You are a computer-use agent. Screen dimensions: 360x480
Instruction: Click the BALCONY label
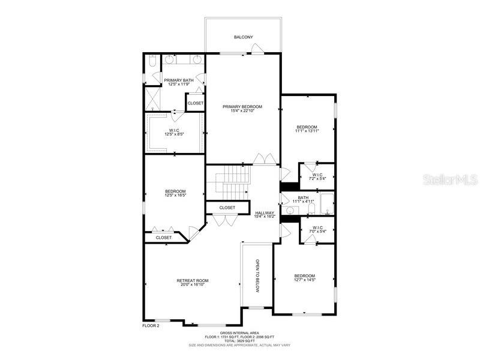coord(243,37)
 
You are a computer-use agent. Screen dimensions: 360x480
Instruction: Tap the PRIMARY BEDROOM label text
coord(242,107)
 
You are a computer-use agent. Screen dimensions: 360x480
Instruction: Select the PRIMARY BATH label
coord(179,80)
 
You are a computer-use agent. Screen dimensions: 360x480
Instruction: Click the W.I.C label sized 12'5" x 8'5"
coord(174,130)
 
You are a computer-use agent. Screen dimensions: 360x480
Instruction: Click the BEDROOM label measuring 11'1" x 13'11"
coord(307,127)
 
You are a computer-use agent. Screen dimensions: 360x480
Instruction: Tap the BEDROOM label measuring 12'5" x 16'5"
coord(175,191)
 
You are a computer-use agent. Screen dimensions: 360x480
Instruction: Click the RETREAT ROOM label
coord(193,281)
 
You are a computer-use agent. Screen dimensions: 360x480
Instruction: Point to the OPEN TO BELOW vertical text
coord(257,276)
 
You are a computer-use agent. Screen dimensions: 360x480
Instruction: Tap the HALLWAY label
coord(265,213)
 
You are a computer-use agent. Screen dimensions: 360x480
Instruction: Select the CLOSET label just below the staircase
coord(227,208)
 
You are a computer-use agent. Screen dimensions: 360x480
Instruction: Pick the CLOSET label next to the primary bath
coord(195,103)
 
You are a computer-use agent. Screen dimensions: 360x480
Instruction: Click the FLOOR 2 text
coord(151,326)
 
